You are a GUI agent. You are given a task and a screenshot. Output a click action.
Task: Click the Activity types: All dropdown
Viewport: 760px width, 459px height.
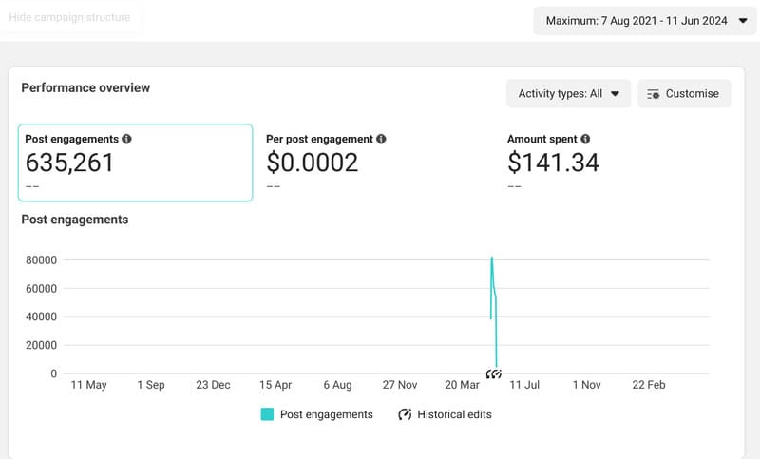(568, 93)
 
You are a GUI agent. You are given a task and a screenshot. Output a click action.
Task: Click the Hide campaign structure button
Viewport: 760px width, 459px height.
(69, 17)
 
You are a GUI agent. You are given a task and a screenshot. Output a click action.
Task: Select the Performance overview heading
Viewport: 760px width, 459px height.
(85, 87)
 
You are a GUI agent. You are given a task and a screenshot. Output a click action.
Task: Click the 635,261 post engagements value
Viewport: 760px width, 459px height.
(69, 163)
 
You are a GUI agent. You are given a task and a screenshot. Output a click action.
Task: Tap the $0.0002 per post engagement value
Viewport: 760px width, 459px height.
(312, 163)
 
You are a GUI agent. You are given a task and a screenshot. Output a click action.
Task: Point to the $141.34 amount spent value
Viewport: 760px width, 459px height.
(553, 163)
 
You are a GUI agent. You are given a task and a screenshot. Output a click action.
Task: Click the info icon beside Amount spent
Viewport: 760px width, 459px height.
(585, 139)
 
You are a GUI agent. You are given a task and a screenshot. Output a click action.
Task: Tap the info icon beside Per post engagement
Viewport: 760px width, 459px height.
(381, 139)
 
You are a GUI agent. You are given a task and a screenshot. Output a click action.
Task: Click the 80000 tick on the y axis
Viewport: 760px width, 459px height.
(42, 260)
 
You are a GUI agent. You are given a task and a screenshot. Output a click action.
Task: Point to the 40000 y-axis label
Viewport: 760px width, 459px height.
(42, 316)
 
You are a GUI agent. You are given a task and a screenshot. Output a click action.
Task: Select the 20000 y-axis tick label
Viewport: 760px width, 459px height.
(42, 345)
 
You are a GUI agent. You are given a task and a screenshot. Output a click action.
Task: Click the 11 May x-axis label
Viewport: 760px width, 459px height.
(89, 385)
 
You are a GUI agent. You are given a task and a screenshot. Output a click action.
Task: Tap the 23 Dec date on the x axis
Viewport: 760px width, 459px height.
(213, 385)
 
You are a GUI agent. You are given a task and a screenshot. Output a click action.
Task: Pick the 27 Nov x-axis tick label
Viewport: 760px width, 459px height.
(400, 385)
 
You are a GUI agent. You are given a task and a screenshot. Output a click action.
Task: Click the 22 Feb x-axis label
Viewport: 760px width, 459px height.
(649, 385)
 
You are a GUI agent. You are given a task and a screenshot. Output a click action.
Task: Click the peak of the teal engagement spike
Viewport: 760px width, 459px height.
(491, 258)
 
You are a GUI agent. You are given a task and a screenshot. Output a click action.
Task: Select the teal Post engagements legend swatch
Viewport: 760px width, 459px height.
(267, 414)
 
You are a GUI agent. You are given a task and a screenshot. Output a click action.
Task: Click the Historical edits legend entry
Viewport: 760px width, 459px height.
(445, 414)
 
